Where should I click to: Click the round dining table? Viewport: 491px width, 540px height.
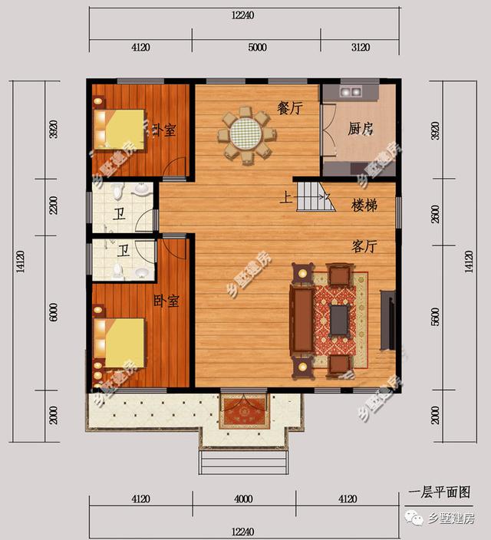(246, 136)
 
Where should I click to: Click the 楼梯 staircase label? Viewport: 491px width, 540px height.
(364, 206)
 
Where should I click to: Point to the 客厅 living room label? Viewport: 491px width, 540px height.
(364, 246)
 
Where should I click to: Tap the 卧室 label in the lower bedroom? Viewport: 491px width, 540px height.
(166, 301)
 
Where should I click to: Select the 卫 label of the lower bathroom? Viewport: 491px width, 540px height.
(123, 250)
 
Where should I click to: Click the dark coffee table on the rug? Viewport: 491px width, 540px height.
(339, 319)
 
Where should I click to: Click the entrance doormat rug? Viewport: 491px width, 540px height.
(244, 413)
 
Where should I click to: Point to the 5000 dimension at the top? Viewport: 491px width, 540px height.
(256, 48)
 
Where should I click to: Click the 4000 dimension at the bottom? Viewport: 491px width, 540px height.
(243, 499)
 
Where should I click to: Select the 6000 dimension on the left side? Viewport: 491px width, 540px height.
(53, 315)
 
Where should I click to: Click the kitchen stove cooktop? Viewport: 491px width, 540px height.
(351, 91)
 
